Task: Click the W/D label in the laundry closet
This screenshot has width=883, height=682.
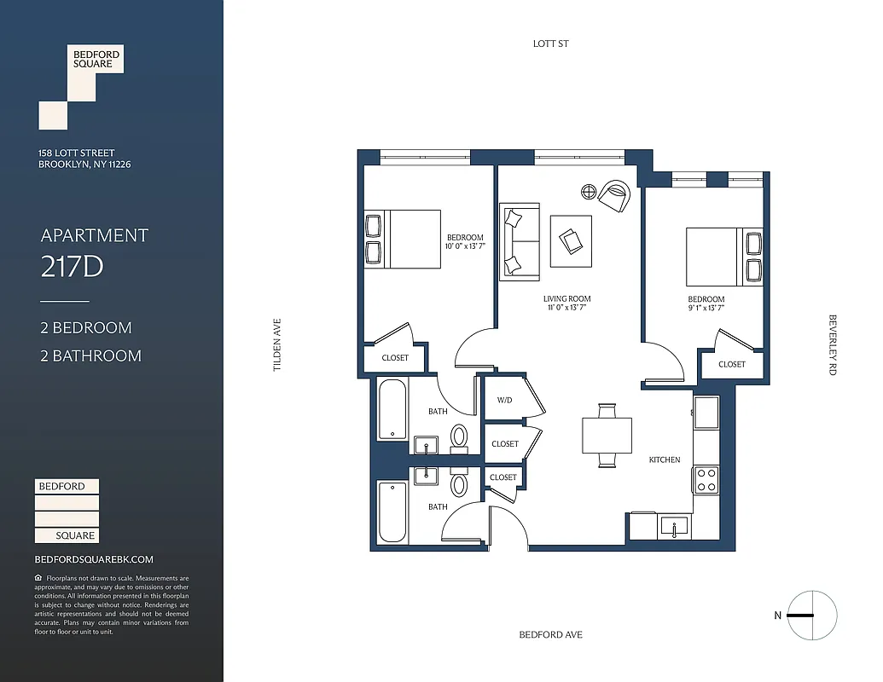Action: [504, 401]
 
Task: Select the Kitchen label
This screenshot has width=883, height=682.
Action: [665, 459]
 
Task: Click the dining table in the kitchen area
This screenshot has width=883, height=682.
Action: [607, 436]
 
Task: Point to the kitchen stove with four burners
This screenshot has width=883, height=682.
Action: [706, 479]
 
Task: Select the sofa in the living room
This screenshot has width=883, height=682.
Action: [520, 241]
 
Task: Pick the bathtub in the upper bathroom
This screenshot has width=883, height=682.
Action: [393, 410]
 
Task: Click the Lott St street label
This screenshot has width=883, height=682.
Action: [550, 43]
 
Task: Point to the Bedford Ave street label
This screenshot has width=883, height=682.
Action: [551, 635]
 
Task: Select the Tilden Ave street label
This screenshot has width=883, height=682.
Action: [276, 345]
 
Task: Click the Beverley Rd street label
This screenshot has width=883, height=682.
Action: [834, 345]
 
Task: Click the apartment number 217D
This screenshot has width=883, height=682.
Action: [72, 267]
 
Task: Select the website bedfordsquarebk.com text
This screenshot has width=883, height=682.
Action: [94, 559]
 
